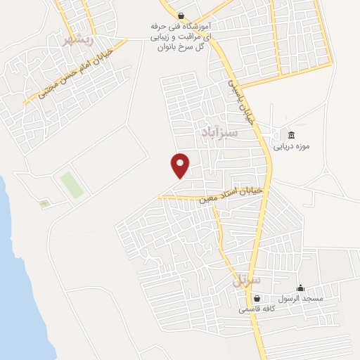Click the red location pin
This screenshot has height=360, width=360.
180,166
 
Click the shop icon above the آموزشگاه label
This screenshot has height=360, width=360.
182,15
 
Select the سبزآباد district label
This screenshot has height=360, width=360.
220,131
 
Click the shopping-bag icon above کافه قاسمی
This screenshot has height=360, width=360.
257,298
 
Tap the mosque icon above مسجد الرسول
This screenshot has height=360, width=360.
300,288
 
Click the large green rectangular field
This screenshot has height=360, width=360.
71,184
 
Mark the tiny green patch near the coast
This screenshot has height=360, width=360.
44,204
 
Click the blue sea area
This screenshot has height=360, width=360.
18,281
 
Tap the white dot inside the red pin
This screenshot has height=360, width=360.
180,162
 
